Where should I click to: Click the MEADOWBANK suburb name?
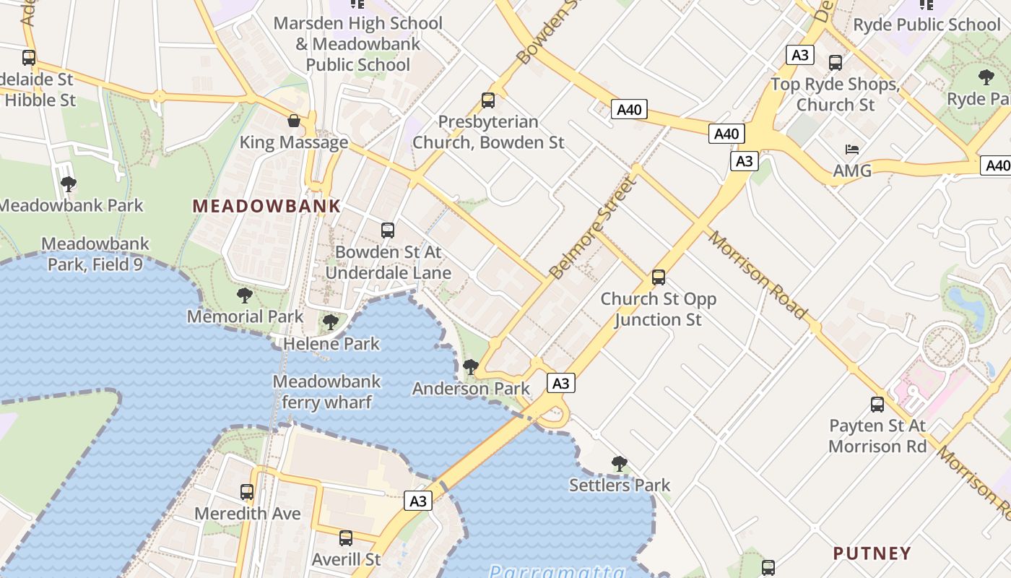pos(266,206)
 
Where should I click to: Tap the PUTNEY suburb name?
pos(872,553)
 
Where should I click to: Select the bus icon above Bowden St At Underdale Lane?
pos(388,230)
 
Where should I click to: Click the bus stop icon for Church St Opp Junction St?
pos(658,277)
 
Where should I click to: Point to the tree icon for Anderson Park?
pos(470,367)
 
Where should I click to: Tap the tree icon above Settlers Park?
pos(619,464)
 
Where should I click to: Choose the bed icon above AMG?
pos(852,150)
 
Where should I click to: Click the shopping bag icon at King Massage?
pos(294,121)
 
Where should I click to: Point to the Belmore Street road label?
pos(594,228)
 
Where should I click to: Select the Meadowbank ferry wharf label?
pos(326,392)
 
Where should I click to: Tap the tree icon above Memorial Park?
pos(245,295)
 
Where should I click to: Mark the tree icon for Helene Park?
pos(331,322)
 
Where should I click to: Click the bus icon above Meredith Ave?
pos(247,492)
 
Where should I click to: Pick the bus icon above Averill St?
pos(346,538)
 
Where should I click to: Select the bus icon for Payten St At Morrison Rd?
pos(877,405)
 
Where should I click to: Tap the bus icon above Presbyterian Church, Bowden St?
pos(488,100)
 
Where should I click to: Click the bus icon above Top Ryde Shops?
pos(836,63)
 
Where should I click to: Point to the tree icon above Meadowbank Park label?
pos(69,184)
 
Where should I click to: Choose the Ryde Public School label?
pos(927,25)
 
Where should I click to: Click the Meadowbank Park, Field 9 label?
pos(95,254)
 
